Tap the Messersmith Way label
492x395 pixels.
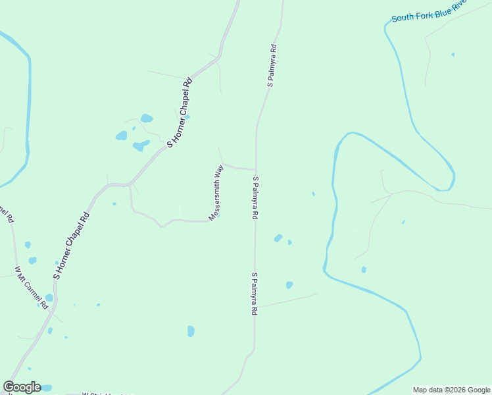216,193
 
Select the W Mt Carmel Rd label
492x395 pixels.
32,287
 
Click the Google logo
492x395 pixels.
22,387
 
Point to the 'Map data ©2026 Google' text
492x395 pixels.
451,390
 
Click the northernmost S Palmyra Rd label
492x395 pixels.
270,66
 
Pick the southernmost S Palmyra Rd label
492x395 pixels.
253,294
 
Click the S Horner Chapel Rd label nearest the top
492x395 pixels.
180,112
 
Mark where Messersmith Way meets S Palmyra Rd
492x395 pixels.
256,169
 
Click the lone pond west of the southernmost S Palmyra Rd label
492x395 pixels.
191,331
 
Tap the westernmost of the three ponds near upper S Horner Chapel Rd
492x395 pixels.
122,136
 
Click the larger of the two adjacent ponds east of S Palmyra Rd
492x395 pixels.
278,238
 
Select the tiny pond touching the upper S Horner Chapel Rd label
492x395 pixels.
187,117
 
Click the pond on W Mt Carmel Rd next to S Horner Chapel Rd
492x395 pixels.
49,298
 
